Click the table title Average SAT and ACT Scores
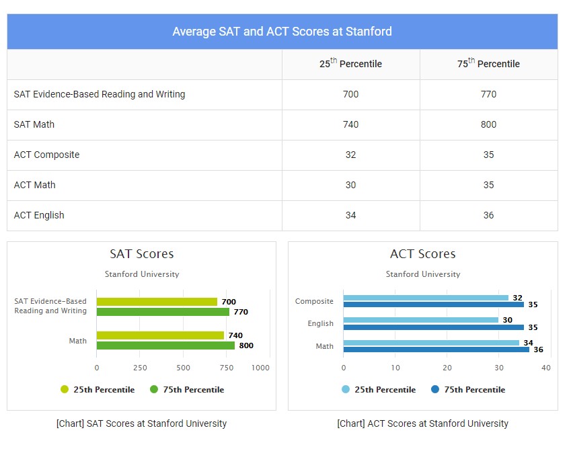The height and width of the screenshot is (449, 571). (282, 32)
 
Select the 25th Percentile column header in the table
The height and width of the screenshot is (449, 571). (350, 64)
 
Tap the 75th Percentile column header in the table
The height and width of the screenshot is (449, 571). (488, 64)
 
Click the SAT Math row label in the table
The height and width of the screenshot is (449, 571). (34, 124)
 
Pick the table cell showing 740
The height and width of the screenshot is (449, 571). (350, 124)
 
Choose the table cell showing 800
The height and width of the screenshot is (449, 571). (488, 124)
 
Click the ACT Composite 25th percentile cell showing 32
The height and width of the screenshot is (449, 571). (350, 155)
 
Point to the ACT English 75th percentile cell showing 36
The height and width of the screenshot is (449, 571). (488, 215)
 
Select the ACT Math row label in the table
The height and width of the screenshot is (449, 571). (35, 185)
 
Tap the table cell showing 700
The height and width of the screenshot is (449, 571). (350, 94)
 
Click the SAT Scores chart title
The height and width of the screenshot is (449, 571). (141, 254)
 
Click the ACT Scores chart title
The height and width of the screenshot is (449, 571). (422, 254)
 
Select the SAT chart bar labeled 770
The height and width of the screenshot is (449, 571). (163, 312)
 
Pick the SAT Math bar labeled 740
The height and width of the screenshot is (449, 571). (160, 335)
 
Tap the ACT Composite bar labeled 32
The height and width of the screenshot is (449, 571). (426, 298)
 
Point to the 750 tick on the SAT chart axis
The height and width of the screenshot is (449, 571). (227, 368)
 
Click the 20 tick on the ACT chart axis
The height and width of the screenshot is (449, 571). (447, 368)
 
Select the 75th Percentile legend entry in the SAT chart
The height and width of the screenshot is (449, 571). (187, 390)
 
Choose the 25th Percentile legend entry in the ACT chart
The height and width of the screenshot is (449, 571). (379, 390)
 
